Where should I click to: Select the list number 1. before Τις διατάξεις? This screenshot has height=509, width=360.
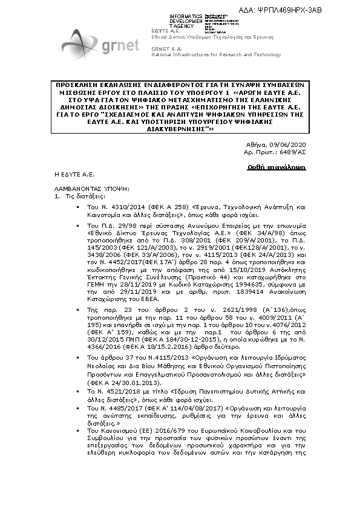tap(57, 196)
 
